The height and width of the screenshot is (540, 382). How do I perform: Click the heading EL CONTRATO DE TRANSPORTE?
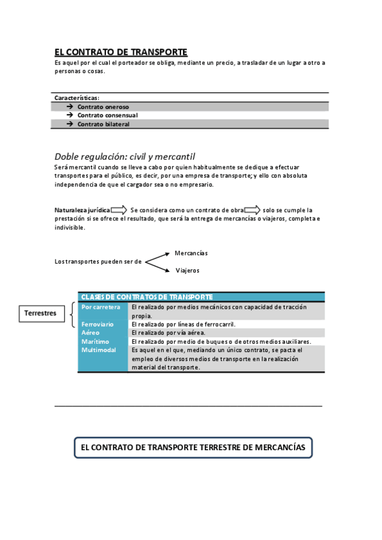[121, 52]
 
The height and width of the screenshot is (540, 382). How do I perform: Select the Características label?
[77, 98]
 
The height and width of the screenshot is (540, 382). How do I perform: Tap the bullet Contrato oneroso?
[103, 107]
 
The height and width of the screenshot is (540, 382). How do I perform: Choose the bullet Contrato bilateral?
[103, 124]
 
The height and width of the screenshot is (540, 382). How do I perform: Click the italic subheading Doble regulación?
[125, 156]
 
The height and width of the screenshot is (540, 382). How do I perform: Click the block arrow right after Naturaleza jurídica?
[119, 210]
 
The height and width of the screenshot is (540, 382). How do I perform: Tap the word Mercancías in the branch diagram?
[191, 253]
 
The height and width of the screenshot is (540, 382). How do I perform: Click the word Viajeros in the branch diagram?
[187, 270]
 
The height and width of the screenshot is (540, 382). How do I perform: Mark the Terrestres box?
[40, 313]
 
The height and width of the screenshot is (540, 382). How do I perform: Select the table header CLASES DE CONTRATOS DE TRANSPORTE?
[147, 297]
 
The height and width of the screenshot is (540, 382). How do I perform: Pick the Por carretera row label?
[101, 307]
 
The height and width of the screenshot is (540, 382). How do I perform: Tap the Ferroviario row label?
[98, 324]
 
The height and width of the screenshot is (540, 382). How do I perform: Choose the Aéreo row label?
[91, 332]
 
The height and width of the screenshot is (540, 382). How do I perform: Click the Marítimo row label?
[95, 341]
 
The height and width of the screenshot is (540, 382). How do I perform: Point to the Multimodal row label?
[99, 350]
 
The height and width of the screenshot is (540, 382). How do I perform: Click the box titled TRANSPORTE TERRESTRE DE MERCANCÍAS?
[193, 448]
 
